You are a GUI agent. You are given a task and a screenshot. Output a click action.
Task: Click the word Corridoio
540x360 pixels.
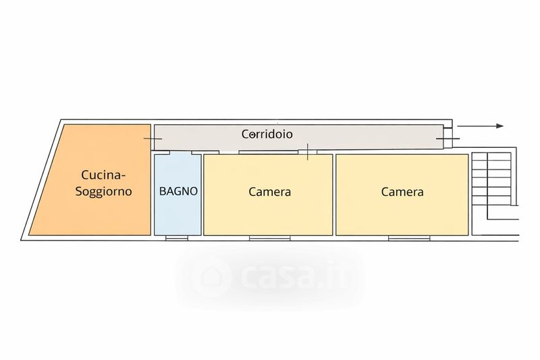click(x=267, y=134)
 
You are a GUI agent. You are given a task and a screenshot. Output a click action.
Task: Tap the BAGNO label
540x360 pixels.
click(x=178, y=191)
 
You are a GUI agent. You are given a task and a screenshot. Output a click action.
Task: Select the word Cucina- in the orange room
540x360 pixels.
click(x=103, y=174)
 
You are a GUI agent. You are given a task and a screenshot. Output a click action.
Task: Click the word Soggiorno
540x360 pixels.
click(x=103, y=192)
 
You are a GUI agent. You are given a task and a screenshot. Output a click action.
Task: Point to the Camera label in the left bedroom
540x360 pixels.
click(x=269, y=192)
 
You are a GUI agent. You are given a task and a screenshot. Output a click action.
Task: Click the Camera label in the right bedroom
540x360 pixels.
click(x=402, y=192)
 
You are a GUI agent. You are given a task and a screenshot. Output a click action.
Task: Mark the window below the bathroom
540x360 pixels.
click(x=177, y=238)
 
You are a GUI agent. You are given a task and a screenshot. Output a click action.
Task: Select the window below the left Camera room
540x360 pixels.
click(x=269, y=238)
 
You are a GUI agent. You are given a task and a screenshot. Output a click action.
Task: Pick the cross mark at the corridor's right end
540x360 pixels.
click(x=445, y=139)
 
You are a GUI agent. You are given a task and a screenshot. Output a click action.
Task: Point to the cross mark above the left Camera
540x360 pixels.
click(x=308, y=153)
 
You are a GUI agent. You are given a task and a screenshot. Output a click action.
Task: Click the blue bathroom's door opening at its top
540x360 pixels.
click(x=178, y=153)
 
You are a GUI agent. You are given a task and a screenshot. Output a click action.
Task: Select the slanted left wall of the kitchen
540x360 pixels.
click(x=43, y=179)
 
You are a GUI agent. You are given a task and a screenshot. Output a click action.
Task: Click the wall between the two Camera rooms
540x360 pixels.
click(x=334, y=195)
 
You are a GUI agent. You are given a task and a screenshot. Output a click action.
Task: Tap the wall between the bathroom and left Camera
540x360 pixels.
click(x=202, y=195)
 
